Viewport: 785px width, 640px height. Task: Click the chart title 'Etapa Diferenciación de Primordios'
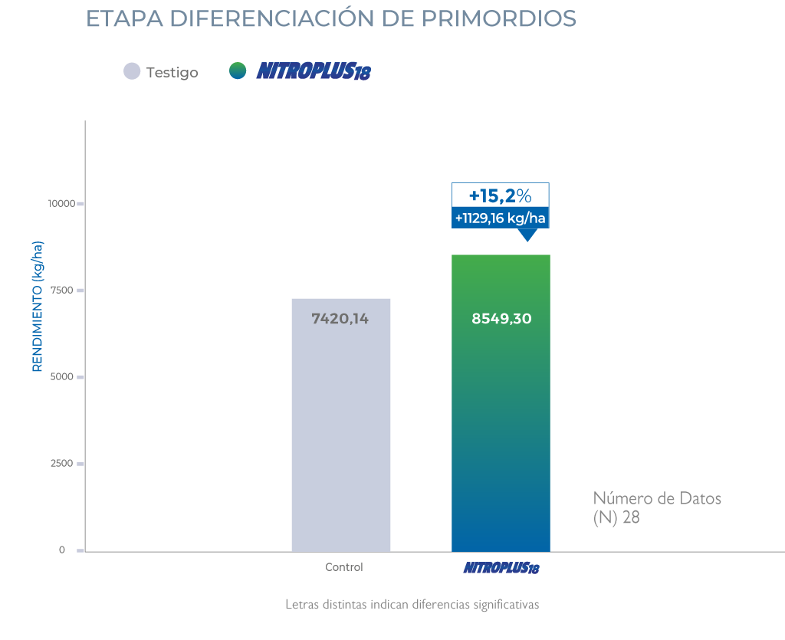coord(330,19)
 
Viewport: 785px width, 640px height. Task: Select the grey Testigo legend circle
coord(132,71)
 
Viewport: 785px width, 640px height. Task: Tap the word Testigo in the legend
coord(172,73)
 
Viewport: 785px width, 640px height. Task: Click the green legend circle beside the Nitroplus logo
coord(238,71)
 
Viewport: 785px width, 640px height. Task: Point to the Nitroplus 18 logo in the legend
coord(313,72)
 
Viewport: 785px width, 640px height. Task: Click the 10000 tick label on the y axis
coord(60,204)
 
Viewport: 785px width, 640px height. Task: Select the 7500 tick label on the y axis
coord(63,290)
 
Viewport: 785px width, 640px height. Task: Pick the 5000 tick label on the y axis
coord(63,377)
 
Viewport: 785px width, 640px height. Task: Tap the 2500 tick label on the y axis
coord(63,464)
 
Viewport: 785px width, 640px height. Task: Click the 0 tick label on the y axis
coord(62,550)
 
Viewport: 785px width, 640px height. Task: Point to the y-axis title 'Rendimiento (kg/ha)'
coord(38,307)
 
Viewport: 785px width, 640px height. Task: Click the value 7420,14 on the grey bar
coord(340,319)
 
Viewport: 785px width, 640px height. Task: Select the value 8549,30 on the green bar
coord(501,319)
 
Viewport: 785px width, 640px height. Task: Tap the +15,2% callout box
coord(500,195)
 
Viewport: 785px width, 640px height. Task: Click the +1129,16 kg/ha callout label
coord(500,218)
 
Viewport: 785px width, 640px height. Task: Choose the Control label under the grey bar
coord(344,568)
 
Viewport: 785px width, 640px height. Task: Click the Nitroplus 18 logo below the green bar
coord(501,569)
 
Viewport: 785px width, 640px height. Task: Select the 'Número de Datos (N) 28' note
coord(657,508)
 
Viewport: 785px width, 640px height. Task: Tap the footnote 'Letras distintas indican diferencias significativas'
coord(412,605)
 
